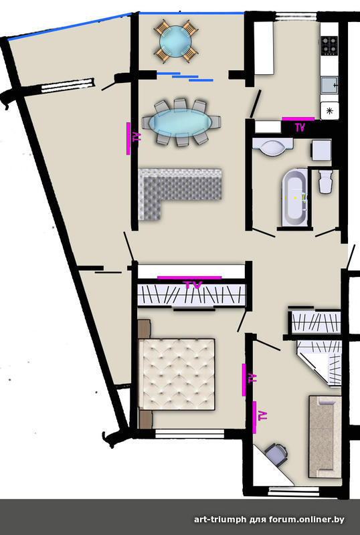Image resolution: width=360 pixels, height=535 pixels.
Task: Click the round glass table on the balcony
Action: tap(175, 41)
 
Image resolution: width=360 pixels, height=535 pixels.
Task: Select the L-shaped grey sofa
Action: tap(171, 191)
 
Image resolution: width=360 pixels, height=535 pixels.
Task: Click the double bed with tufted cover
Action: tap(177, 374)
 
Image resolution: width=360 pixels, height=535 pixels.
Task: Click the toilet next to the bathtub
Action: tap(325, 182)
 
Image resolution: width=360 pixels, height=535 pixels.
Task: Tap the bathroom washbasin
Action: tap(272, 146)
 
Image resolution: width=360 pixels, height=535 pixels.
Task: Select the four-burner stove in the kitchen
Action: tap(329, 45)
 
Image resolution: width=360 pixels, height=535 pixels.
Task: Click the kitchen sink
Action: tap(329, 85)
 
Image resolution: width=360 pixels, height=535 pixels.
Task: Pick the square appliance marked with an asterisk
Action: tap(330, 110)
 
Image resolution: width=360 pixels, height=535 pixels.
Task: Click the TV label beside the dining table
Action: tap(137, 138)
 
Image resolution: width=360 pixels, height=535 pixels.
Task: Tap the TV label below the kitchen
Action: tap(300, 127)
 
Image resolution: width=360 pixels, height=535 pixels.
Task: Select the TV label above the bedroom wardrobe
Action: tap(193, 285)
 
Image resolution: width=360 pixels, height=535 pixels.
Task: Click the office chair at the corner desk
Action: tap(276, 454)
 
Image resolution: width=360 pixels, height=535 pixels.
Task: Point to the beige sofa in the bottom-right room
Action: tap(325, 437)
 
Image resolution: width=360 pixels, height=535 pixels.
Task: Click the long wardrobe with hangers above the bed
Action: tap(191, 295)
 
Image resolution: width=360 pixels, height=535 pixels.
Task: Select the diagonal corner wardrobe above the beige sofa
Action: tap(321, 362)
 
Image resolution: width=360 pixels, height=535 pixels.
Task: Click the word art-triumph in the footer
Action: tap(220, 520)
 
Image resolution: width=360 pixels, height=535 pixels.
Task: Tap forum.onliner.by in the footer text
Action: tap(306, 520)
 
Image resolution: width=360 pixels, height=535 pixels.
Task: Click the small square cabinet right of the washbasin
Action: tap(321, 150)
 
